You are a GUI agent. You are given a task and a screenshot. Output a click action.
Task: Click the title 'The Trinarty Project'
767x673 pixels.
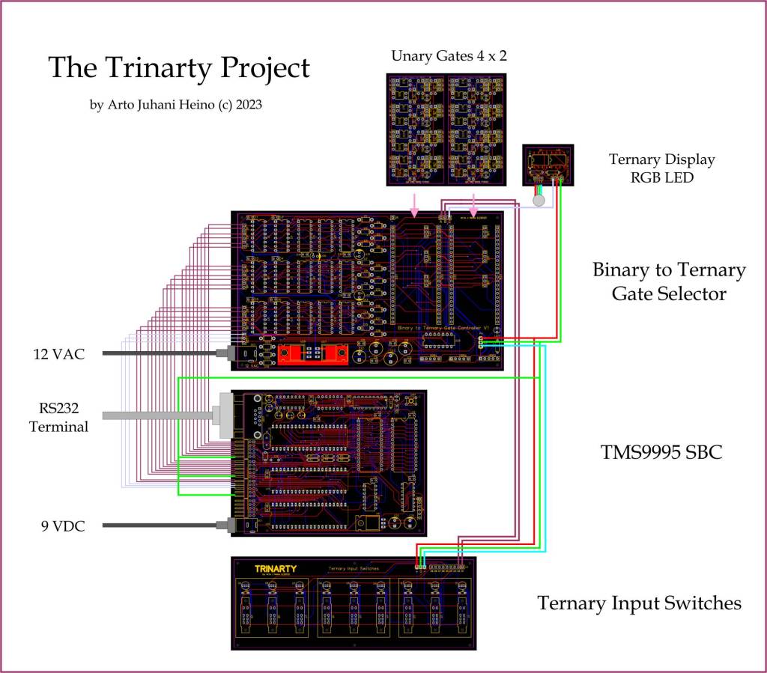click(x=178, y=68)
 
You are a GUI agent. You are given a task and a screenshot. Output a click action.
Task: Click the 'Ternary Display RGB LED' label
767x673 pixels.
click(x=661, y=168)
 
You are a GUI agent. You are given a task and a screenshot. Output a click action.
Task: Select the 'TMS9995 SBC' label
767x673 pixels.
click(x=661, y=451)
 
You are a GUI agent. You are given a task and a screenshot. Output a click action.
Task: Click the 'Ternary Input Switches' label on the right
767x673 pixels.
click(x=639, y=603)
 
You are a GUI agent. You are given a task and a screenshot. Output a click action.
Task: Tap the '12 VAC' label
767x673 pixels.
click(x=58, y=353)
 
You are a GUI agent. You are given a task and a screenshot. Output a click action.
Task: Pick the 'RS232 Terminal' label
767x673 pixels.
click(x=58, y=418)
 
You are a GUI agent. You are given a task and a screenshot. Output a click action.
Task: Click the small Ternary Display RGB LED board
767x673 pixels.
click(x=547, y=165)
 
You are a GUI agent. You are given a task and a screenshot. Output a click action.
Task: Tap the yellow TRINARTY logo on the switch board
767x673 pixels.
click(x=275, y=568)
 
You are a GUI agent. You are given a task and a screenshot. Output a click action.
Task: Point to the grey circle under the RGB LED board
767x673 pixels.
click(x=538, y=201)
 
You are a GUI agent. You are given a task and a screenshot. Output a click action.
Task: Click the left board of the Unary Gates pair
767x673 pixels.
click(x=416, y=129)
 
